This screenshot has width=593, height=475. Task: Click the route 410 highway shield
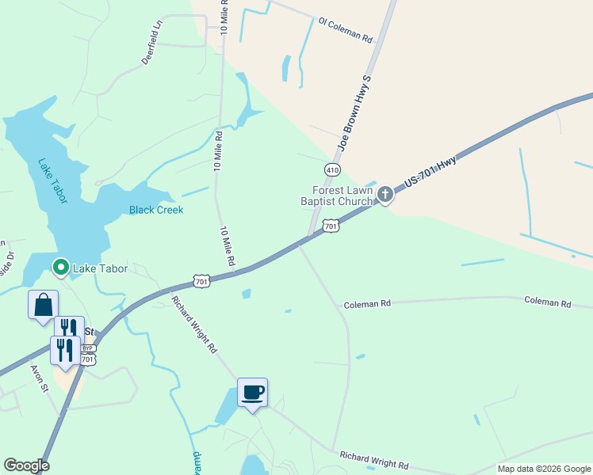[x=332, y=169]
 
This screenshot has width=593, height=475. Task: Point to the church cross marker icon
[x=385, y=194]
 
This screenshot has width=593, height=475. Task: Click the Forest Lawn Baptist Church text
[x=342, y=196]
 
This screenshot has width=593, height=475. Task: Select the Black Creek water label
[x=156, y=210]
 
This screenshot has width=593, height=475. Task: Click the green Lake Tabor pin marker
[x=59, y=268]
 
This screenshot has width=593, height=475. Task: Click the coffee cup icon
[x=252, y=392]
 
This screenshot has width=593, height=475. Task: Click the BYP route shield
[x=88, y=348]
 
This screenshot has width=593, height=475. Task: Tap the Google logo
[x=26, y=465]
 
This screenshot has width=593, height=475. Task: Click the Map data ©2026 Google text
[x=543, y=469]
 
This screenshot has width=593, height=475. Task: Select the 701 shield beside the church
[x=331, y=227]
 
